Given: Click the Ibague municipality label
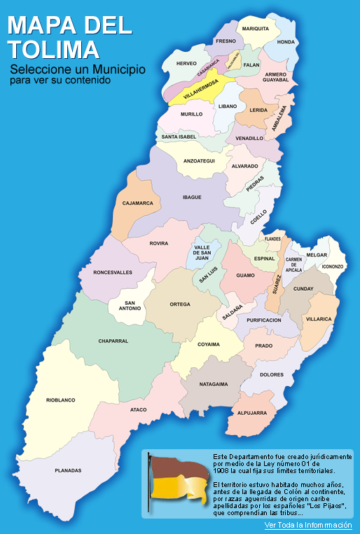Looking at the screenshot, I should [192, 198].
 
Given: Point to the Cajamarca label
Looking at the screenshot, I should [137, 203].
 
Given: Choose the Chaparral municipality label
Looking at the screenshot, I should [113, 341].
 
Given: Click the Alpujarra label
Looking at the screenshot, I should [251, 413].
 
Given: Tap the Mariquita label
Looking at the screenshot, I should [256, 29].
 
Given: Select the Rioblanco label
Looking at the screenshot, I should [61, 399].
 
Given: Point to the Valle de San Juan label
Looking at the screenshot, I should [202, 252].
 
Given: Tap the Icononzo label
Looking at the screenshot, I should [333, 266].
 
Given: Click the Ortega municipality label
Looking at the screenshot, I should [180, 305].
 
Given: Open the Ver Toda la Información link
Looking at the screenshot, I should [307, 525].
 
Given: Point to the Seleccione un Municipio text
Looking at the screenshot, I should [77, 70].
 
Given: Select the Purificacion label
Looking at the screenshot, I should [264, 320].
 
